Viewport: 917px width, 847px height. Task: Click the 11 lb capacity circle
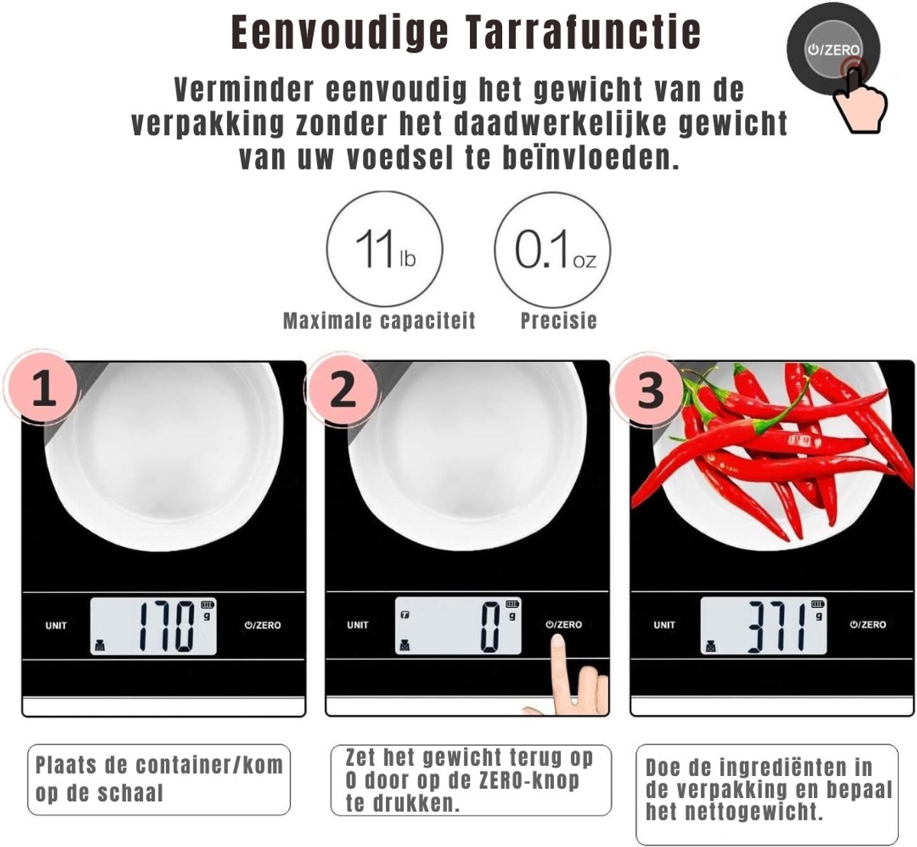[384, 249]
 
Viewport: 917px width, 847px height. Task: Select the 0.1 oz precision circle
[552, 249]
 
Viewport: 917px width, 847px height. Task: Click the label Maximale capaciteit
[379, 321]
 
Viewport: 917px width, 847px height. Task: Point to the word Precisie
[559, 321]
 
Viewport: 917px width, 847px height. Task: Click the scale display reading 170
[154, 626]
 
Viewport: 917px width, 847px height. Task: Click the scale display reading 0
[458, 626]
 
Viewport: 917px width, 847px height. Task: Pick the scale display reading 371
[763, 626]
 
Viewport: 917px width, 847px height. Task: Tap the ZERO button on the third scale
[868, 625]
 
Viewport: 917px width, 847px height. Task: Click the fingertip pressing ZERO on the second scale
[559, 642]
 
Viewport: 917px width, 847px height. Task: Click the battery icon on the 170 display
[207, 605]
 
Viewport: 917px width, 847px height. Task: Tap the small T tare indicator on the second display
[405, 615]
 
